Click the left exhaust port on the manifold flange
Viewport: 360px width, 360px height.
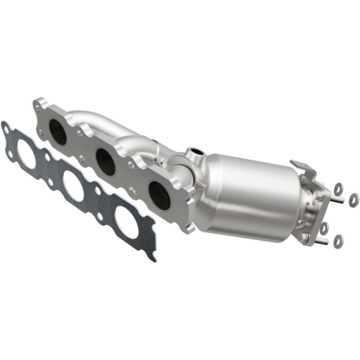58,132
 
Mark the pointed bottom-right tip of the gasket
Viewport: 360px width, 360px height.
153,258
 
